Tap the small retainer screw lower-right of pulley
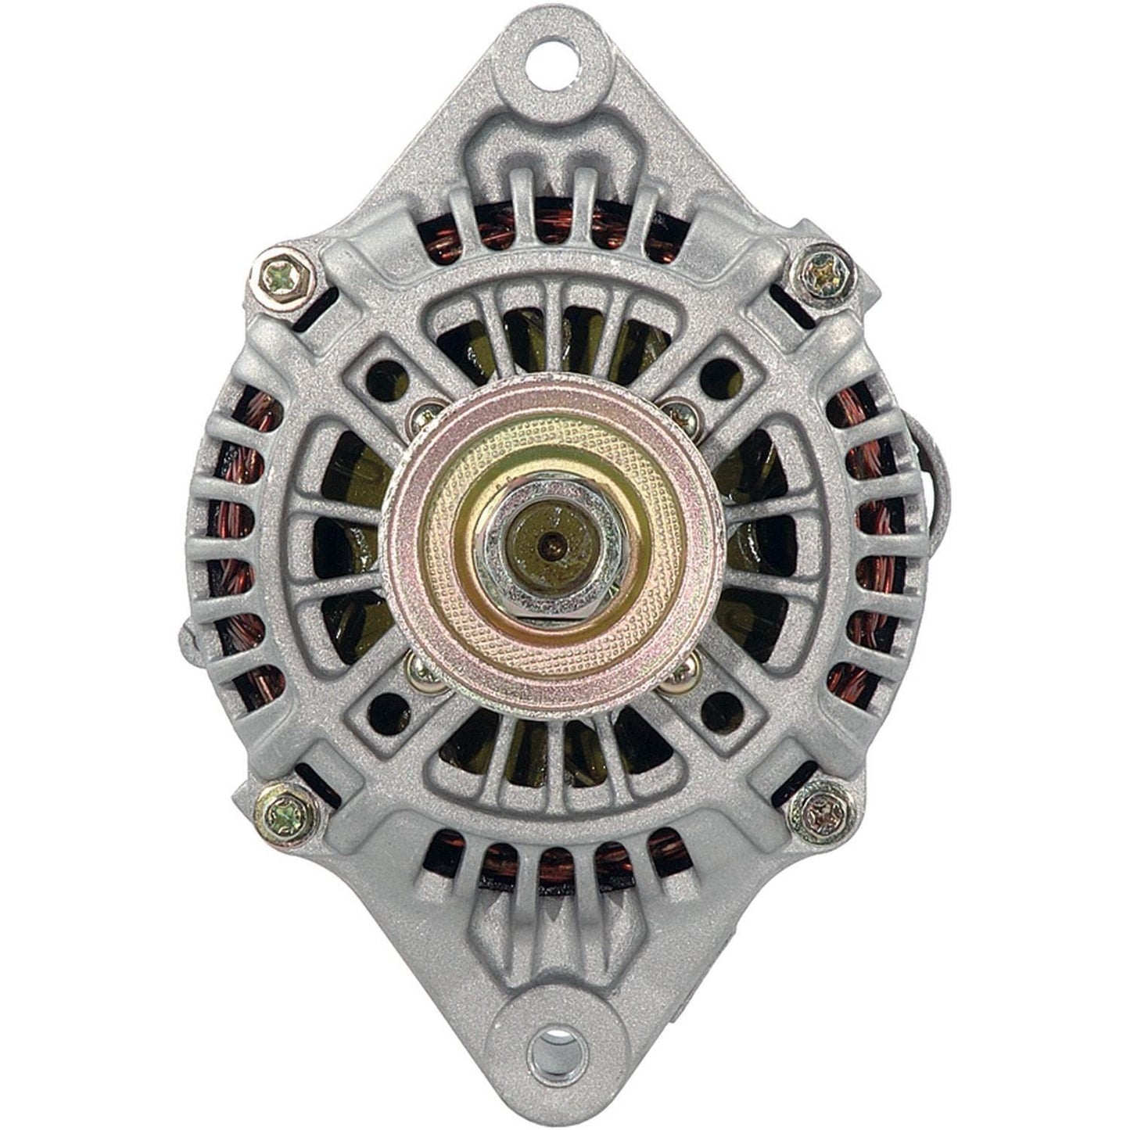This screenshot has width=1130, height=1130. pyautogui.click(x=682, y=671)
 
